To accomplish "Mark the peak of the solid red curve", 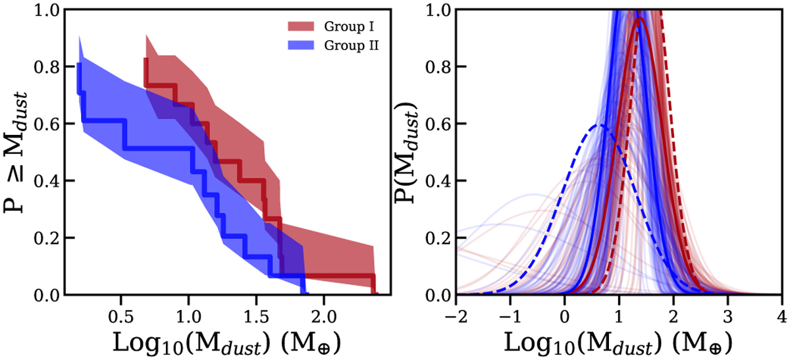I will point(639,18).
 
